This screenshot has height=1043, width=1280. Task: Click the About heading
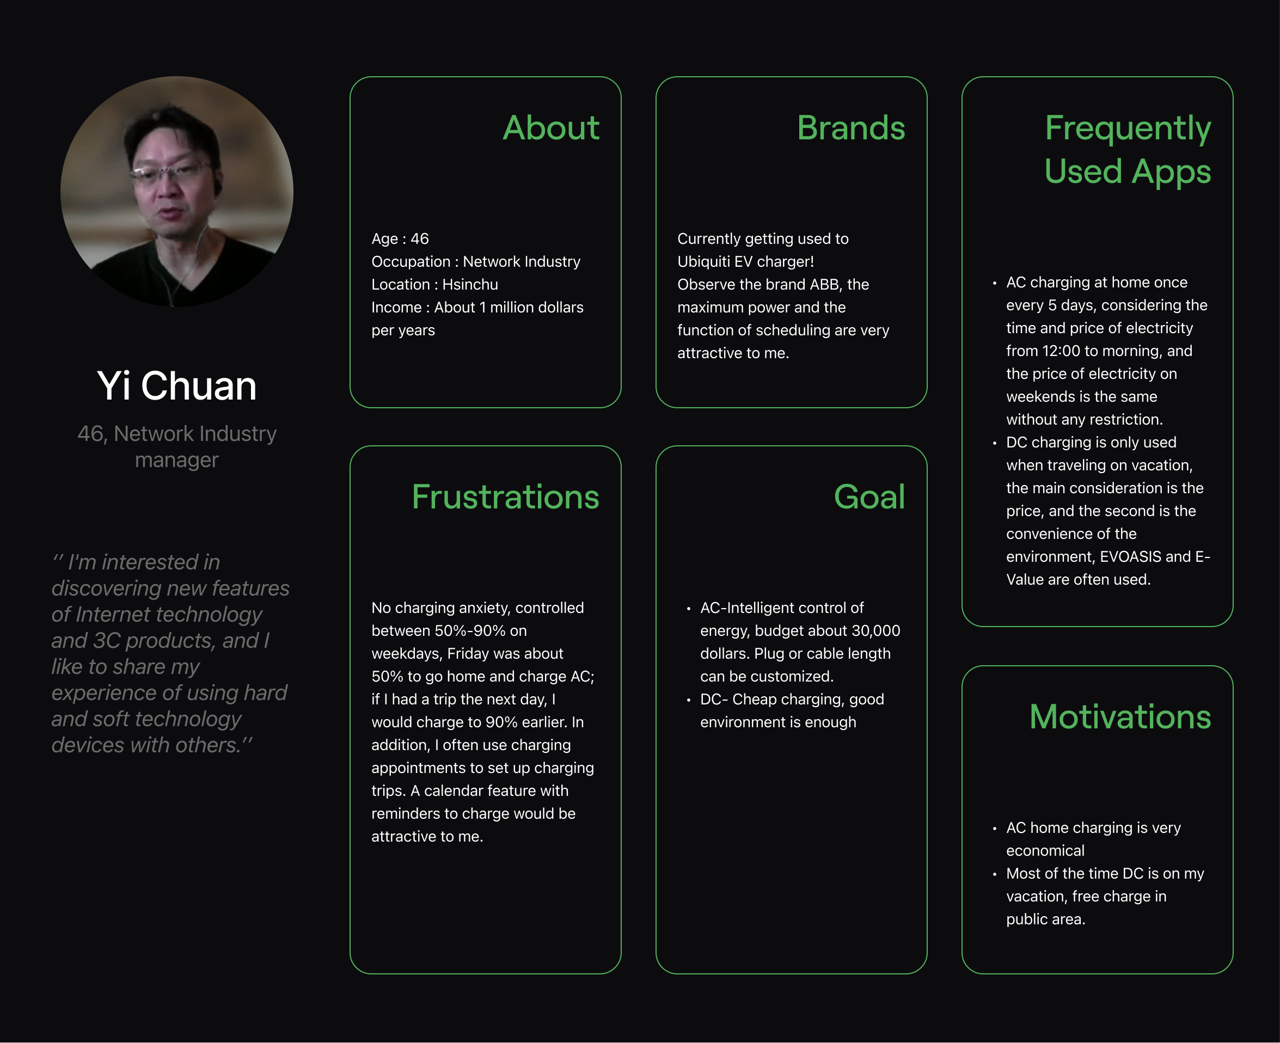click(550, 128)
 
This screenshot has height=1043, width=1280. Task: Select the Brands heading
click(850, 128)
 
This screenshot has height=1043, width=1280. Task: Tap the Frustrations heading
click(505, 497)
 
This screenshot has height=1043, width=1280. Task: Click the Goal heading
click(869, 497)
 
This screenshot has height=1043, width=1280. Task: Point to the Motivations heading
click(1119, 717)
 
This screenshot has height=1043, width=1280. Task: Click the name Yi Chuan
click(177, 386)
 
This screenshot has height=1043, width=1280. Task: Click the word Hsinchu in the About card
click(470, 285)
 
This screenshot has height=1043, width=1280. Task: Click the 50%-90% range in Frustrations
click(470, 631)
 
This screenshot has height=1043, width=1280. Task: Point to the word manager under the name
click(177, 460)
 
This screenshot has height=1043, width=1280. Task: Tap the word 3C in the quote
click(107, 641)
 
